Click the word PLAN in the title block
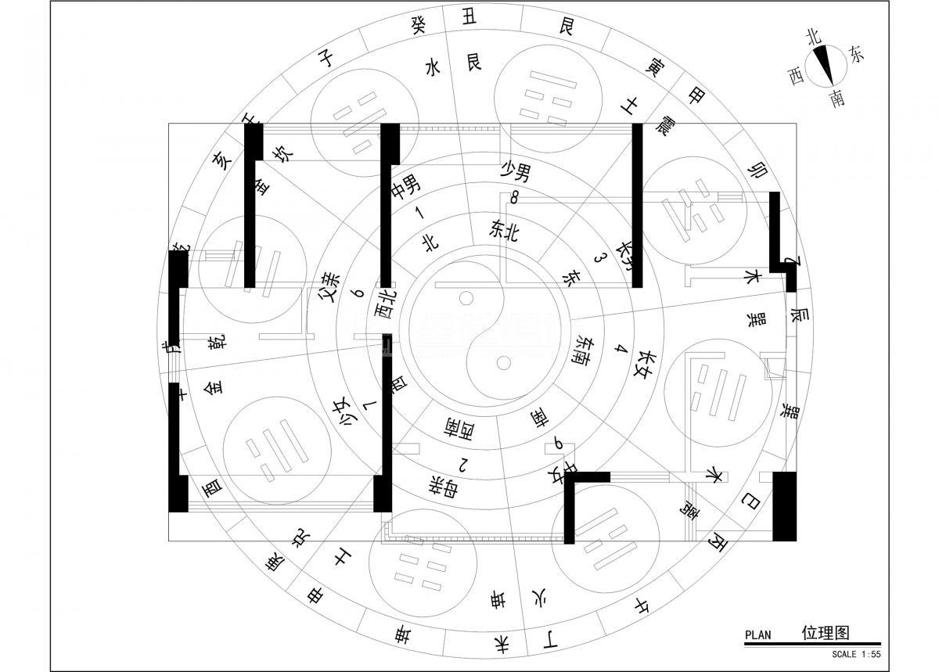pyautogui.click(x=757, y=635)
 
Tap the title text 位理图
pyautogui.click(x=826, y=632)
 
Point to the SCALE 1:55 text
pyautogui.click(x=856, y=654)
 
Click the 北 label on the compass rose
pyautogui.click(x=813, y=36)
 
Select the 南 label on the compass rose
pyautogui.click(x=837, y=99)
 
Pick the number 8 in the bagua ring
pyautogui.click(x=514, y=198)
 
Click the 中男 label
pyautogui.click(x=406, y=185)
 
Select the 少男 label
pyautogui.click(x=516, y=170)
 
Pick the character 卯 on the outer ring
pyautogui.click(x=757, y=169)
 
